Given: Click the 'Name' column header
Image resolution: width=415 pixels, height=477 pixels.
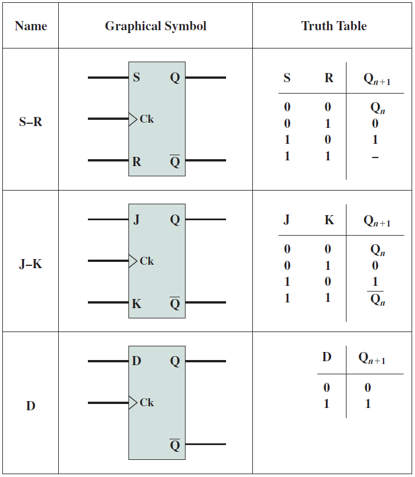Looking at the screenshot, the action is click(x=31, y=26).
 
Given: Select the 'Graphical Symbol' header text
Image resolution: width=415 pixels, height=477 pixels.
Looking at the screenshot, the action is click(x=155, y=26).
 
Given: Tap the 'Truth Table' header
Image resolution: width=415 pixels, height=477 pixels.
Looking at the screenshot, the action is click(x=334, y=26).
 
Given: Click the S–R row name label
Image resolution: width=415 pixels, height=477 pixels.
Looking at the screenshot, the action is click(x=30, y=122).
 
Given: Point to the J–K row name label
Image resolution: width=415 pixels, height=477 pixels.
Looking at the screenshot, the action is click(x=30, y=264).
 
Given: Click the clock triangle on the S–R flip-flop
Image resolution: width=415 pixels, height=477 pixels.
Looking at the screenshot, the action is click(x=132, y=119).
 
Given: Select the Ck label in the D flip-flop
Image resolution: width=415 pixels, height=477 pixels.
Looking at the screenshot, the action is click(x=147, y=402).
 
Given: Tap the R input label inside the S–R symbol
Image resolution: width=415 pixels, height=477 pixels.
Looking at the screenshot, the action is click(x=136, y=162).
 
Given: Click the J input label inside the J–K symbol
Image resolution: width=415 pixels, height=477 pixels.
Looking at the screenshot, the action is click(x=136, y=219).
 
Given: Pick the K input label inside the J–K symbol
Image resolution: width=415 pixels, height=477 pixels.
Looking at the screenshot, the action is click(x=136, y=304).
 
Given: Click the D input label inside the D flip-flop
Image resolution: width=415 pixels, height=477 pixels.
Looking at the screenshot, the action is click(x=136, y=361).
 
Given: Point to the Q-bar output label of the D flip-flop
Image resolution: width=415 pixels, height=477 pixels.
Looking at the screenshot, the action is click(x=175, y=444).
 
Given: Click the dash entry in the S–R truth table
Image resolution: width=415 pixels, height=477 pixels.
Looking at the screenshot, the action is click(x=375, y=157).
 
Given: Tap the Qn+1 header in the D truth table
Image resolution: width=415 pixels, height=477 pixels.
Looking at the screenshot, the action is click(x=372, y=358).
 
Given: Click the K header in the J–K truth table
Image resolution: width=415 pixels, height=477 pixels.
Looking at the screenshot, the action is click(x=329, y=220).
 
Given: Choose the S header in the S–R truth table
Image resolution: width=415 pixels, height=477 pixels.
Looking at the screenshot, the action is click(x=287, y=78).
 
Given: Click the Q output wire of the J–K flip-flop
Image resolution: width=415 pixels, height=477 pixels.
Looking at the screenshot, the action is click(x=206, y=219).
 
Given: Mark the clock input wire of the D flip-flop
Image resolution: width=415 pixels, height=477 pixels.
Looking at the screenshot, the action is click(x=108, y=403).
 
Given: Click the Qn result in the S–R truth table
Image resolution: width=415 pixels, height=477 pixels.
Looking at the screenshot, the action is click(x=377, y=108).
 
